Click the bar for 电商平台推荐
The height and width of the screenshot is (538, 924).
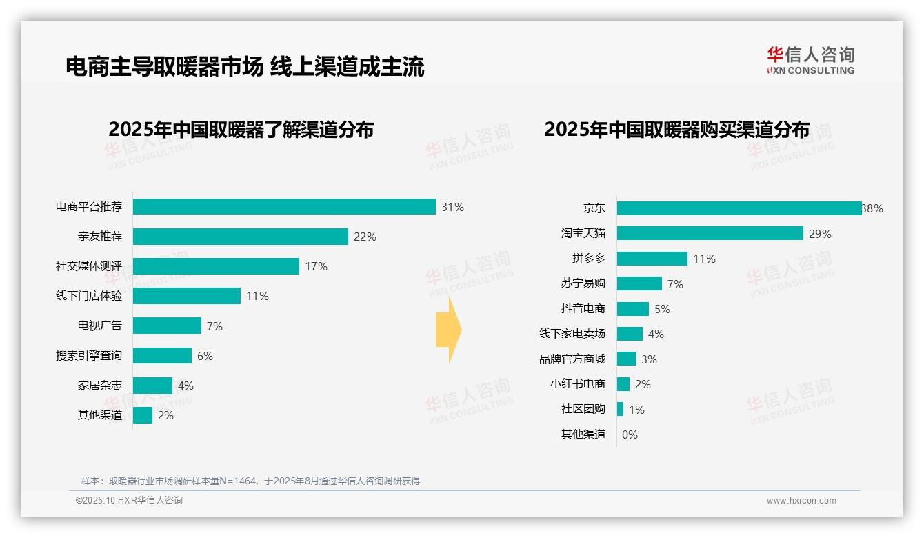[x=284, y=207]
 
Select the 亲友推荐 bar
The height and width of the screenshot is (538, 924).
[x=240, y=237]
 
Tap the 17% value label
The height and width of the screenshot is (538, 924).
[x=316, y=266]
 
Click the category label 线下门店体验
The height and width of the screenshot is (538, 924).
[x=89, y=296]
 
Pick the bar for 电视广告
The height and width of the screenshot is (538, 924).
[x=167, y=326]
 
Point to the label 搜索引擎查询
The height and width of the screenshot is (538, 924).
[x=89, y=356]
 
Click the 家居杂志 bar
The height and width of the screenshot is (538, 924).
[x=152, y=386]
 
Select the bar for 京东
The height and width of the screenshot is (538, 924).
[x=739, y=208]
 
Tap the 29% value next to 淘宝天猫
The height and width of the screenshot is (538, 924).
[x=820, y=234]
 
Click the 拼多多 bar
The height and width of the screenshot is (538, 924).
[x=652, y=259]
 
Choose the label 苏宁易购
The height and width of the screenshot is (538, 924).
[x=583, y=283]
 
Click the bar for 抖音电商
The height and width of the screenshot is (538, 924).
[x=632, y=309]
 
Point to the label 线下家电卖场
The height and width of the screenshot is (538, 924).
[x=572, y=334]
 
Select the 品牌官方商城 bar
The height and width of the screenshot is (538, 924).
[x=626, y=359]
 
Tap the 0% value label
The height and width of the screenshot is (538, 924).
[x=630, y=435]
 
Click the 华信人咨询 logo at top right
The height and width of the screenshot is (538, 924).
[x=810, y=60]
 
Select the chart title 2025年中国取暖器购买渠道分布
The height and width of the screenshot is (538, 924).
[x=676, y=130]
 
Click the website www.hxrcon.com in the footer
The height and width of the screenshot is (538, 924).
[x=801, y=501]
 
